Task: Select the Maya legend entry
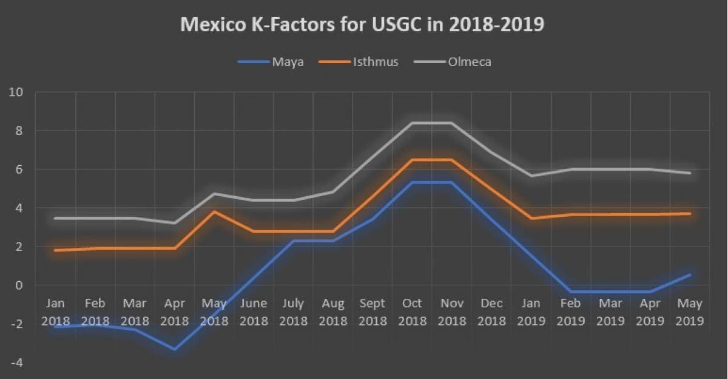pos(286,61)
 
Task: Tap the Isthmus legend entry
pos(376,61)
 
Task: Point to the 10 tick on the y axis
pos(15,92)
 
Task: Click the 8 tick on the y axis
pos(19,131)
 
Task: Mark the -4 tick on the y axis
pos(16,363)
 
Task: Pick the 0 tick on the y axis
pos(19,285)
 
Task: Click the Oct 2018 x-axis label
pos(412,312)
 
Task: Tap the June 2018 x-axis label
pos(254,312)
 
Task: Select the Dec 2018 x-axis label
pos(491,312)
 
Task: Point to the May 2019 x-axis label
pos(689,312)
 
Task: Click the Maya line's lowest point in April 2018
pos(175,349)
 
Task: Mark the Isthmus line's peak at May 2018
pos(214,211)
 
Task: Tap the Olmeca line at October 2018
pos(412,123)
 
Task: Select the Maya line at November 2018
pos(451,182)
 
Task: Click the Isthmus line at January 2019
pos(531,218)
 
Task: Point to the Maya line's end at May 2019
pos(690,275)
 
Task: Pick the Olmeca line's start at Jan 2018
pos(56,218)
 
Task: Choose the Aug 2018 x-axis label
pos(332,312)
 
